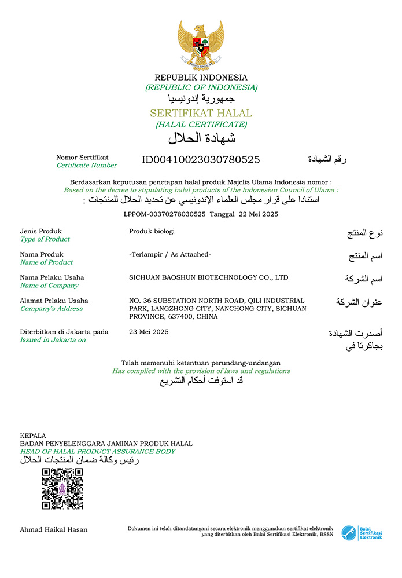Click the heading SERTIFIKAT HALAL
[x=201, y=113]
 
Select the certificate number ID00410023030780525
[x=201, y=160]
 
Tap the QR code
[x=62, y=489]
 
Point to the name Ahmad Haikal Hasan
[x=54, y=529]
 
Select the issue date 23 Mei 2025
[x=149, y=332]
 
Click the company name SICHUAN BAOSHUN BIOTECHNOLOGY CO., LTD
[x=208, y=277]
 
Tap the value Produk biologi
[x=152, y=231]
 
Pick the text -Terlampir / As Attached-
[x=170, y=254]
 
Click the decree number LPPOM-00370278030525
[x=165, y=214]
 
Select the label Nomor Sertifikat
[x=82, y=157]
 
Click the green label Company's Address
[x=51, y=309]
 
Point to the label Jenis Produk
[x=40, y=231]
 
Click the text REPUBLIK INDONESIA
[x=201, y=78]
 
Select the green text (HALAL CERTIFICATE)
[x=201, y=125]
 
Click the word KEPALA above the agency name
[x=33, y=436]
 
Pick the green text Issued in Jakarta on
[x=53, y=340]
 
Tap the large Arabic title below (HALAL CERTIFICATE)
[x=201, y=138]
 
